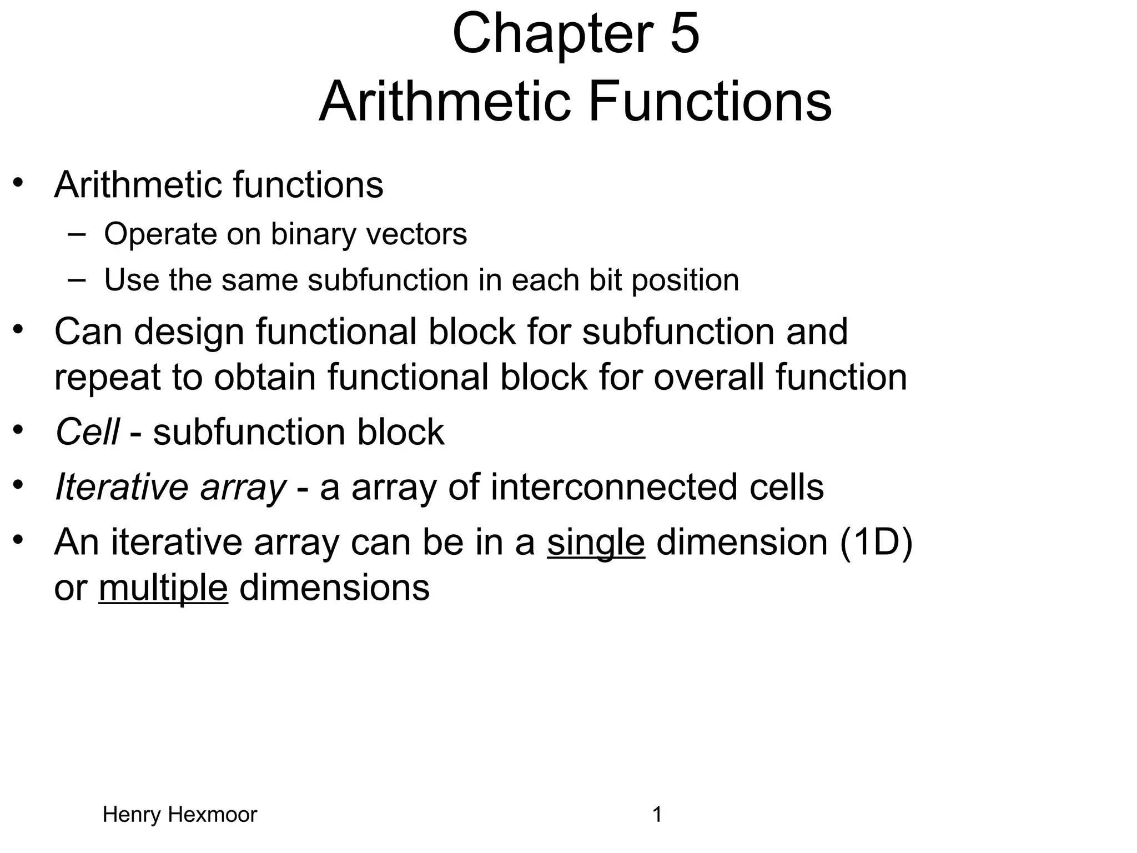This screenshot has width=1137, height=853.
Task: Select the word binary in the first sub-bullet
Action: (x=313, y=234)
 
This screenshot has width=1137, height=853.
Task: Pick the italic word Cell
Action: (x=87, y=432)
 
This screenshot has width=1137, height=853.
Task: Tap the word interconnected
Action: (x=613, y=487)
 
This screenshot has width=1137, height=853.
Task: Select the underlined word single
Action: (x=596, y=542)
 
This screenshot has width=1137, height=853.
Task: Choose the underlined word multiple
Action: (x=163, y=588)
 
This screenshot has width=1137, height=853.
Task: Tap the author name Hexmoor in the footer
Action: (x=212, y=815)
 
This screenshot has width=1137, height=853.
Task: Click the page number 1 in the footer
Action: (x=657, y=815)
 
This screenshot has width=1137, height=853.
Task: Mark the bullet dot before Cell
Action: (x=18, y=429)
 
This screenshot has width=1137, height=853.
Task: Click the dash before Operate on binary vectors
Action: (x=77, y=234)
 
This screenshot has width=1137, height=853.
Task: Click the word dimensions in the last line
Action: (x=334, y=588)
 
